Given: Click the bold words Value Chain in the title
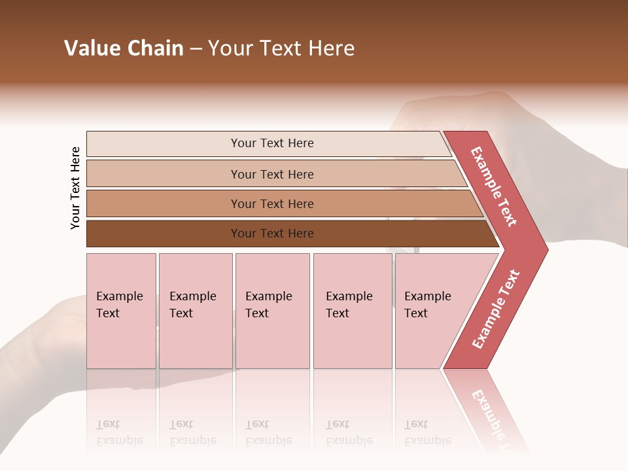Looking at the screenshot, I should (x=124, y=48).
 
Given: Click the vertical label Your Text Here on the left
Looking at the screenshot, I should (x=75, y=188).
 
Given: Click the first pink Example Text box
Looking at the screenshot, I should (x=121, y=311).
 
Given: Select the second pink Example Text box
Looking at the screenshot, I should (x=196, y=311).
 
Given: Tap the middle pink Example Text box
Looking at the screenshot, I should (x=272, y=311).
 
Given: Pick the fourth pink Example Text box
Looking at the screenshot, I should (x=353, y=311).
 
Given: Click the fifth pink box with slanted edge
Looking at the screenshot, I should (x=432, y=311).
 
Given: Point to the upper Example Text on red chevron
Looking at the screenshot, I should (x=494, y=186).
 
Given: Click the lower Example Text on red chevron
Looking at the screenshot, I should (x=496, y=309).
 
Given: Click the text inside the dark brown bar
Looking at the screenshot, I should (x=272, y=234).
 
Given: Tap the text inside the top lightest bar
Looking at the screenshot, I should (x=272, y=143).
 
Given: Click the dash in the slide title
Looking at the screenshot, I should (x=196, y=49).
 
